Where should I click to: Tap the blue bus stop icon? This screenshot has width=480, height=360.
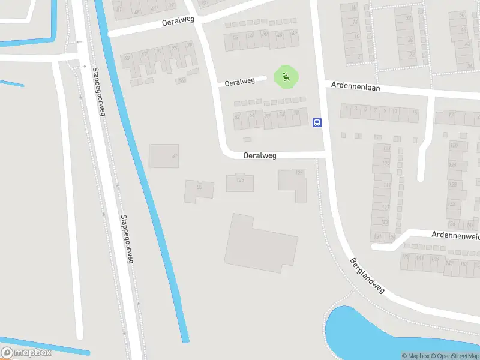(x=317, y=123)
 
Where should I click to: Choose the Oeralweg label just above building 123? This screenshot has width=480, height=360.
(x=260, y=155)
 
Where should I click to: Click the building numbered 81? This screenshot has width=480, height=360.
(x=164, y=156)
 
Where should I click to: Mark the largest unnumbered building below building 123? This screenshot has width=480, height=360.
(x=261, y=243)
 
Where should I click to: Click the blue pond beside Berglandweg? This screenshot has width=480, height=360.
(x=384, y=336)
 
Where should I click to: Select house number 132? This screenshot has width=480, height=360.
(x=452, y=203)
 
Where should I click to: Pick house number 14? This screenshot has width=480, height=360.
(x=355, y=22)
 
